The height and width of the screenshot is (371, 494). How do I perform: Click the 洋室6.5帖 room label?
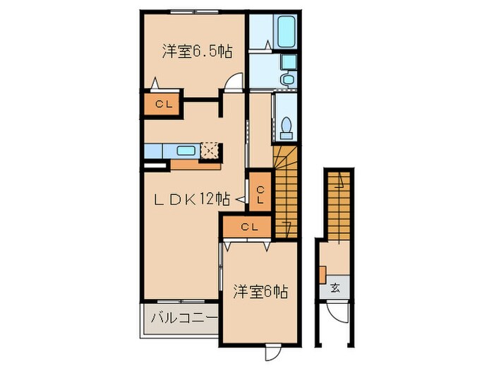(x=197, y=51)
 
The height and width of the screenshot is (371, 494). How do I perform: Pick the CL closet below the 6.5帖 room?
(x=163, y=105)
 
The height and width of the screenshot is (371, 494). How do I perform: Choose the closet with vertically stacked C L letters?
(x=260, y=194)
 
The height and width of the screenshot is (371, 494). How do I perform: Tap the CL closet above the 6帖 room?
(x=248, y=227)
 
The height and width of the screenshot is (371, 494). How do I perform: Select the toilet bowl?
(x=287, y=127)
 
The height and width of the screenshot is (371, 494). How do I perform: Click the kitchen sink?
(x=186, y=151)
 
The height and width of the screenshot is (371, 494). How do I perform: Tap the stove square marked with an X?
(x=210, y=150)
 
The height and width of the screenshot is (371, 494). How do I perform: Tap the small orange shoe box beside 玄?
(x=321, y=273)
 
